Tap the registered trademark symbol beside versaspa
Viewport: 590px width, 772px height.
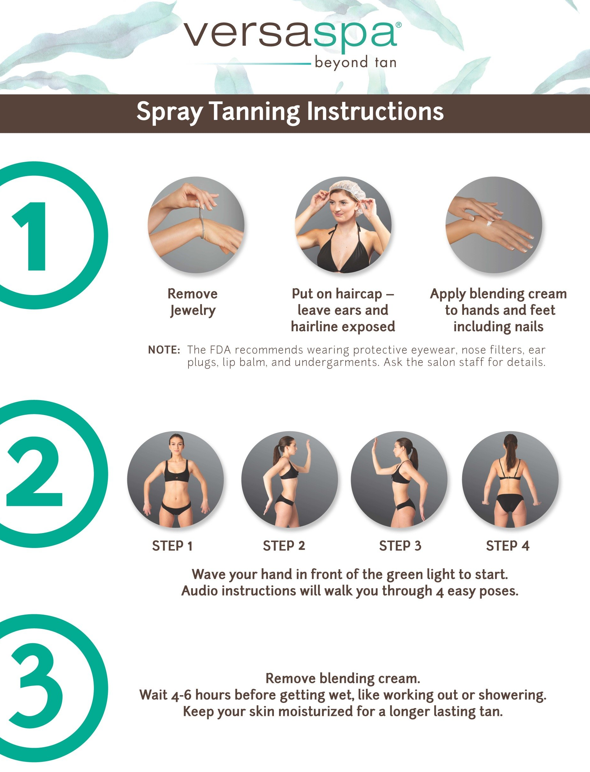click(399, 25)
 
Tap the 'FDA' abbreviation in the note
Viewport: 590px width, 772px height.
click(221, 350)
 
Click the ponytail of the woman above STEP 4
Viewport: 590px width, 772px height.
click(510, 453)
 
